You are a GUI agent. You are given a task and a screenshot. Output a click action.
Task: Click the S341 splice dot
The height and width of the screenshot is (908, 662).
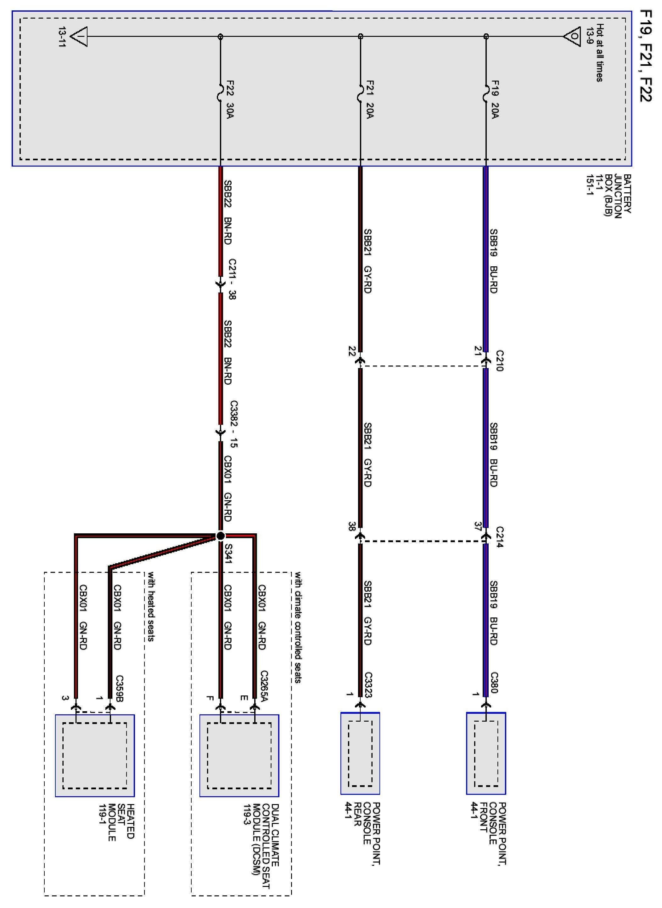(x=220, y=536)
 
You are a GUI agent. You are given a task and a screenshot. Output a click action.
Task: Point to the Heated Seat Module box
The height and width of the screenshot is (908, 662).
(x=95, y=756)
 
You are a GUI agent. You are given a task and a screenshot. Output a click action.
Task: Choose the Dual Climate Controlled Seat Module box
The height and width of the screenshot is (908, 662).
(x=239, y=756)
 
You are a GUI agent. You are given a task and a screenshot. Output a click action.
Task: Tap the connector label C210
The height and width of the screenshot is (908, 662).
(x=499, y=360)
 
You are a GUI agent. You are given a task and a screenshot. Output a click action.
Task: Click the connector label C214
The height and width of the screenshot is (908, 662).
(x=499, y=537)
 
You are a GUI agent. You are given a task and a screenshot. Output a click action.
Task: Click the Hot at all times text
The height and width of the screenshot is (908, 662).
(x=599, y=53)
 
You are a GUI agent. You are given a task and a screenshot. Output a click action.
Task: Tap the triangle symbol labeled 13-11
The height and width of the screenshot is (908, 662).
(x=79, y=37)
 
